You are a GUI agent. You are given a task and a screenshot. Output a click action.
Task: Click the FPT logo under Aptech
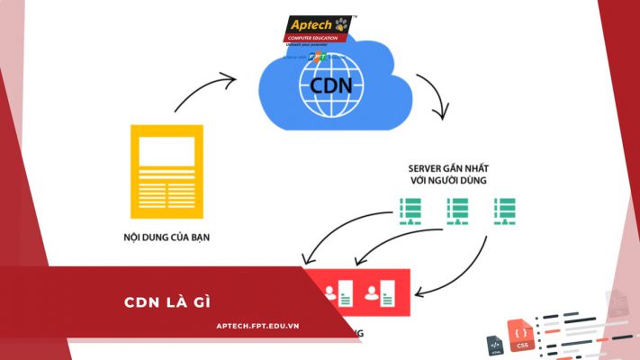(316, 56)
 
